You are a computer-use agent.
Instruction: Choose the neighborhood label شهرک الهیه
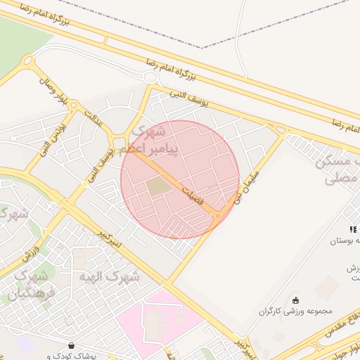tap(112, 276)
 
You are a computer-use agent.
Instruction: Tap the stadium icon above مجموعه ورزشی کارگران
tap(295, 300)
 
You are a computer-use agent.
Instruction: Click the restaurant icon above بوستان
tap(353, 229)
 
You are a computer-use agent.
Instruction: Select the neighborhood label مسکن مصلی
tap(337, 169)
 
